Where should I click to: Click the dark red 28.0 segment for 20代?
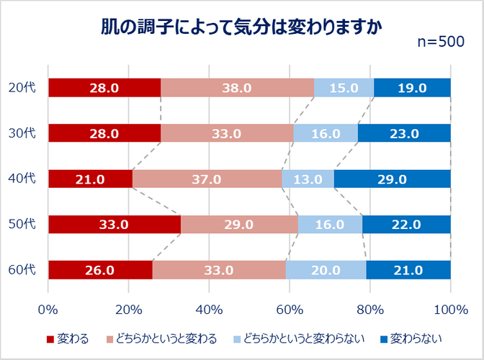104,88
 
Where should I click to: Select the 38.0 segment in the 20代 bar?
238,88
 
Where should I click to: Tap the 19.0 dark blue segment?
412,88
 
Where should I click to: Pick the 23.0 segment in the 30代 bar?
404,133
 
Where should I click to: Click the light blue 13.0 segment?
308,179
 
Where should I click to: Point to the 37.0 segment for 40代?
207,179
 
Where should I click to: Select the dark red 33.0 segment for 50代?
115,224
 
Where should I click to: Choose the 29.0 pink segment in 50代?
239,224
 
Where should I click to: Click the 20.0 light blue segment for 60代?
326,270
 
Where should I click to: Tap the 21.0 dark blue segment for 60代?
408,270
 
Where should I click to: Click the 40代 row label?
22,179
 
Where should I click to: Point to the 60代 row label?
22,269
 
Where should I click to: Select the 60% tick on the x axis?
290,310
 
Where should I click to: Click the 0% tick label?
48,310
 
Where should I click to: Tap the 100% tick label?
451,310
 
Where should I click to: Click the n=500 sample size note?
441,42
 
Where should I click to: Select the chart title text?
242,27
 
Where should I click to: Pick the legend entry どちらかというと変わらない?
299,339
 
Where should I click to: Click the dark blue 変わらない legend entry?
411,339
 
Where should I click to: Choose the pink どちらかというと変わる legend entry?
162,339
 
